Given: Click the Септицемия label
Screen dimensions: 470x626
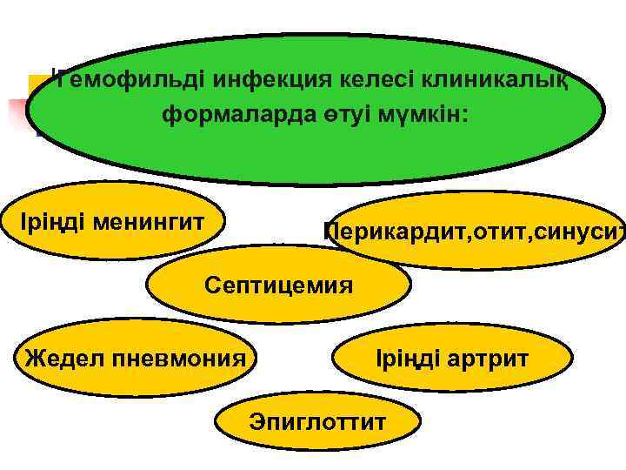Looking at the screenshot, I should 278,285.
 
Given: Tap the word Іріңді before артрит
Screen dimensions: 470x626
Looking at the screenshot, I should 409,358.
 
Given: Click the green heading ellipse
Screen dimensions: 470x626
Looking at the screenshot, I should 313,152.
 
